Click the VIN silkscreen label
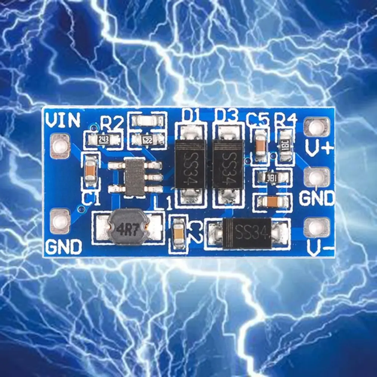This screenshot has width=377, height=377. click(x=62, y=120)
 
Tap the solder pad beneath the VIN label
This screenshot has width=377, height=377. click(x=60, y=146)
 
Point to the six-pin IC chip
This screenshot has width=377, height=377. click(x=135, y=176)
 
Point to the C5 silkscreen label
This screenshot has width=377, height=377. click(x=258, y=119)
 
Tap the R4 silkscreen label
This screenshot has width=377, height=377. click(x=286, y=119)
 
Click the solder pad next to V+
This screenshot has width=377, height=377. click(x=317, y=127)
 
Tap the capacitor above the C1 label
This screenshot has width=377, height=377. click(x=90, y=171)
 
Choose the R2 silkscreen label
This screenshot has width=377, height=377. click(x=112, y=123)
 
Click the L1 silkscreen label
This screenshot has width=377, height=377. click(x=163, y=203)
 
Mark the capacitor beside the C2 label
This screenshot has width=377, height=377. click(x=179, y=232)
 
